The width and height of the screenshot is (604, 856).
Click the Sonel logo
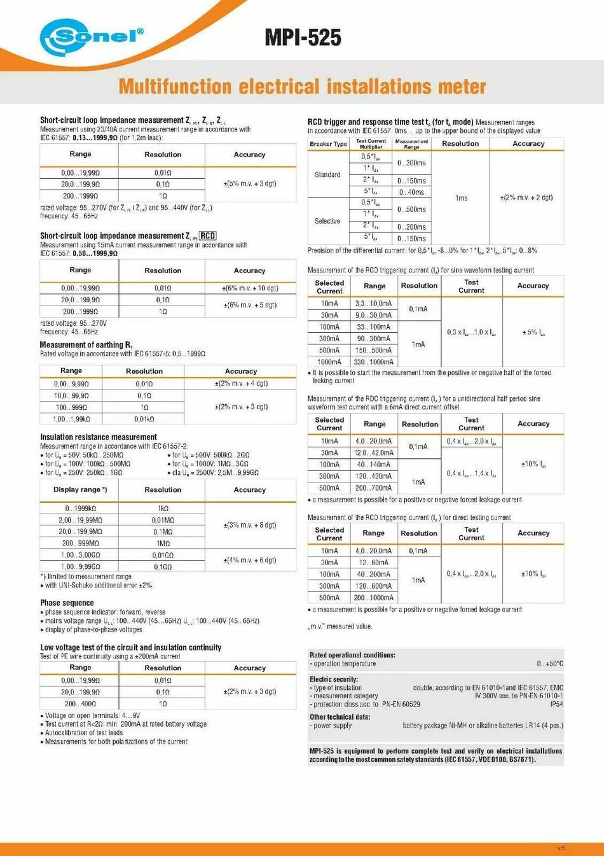91,37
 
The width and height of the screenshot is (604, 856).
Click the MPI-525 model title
303,38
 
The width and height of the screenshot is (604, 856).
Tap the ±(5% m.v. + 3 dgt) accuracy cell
250,184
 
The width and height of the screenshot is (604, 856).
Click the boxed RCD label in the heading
208,235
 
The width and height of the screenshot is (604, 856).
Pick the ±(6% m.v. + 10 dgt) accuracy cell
250,288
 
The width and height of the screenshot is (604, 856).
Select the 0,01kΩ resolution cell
144,419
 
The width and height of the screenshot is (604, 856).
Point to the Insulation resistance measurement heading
98,437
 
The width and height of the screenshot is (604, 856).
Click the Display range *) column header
80,489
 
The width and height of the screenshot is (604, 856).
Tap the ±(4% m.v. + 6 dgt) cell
250,560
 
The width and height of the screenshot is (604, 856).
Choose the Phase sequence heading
67,603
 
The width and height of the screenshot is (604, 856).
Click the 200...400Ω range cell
80,704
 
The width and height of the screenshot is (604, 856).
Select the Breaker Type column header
328,144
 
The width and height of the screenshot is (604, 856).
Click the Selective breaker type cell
327,221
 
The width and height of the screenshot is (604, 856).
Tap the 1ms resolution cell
461,198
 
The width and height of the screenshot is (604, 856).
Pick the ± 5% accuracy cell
533,332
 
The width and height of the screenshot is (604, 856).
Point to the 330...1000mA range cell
374,362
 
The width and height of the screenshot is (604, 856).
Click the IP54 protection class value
556,704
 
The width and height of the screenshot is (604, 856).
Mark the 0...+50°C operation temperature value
549,664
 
